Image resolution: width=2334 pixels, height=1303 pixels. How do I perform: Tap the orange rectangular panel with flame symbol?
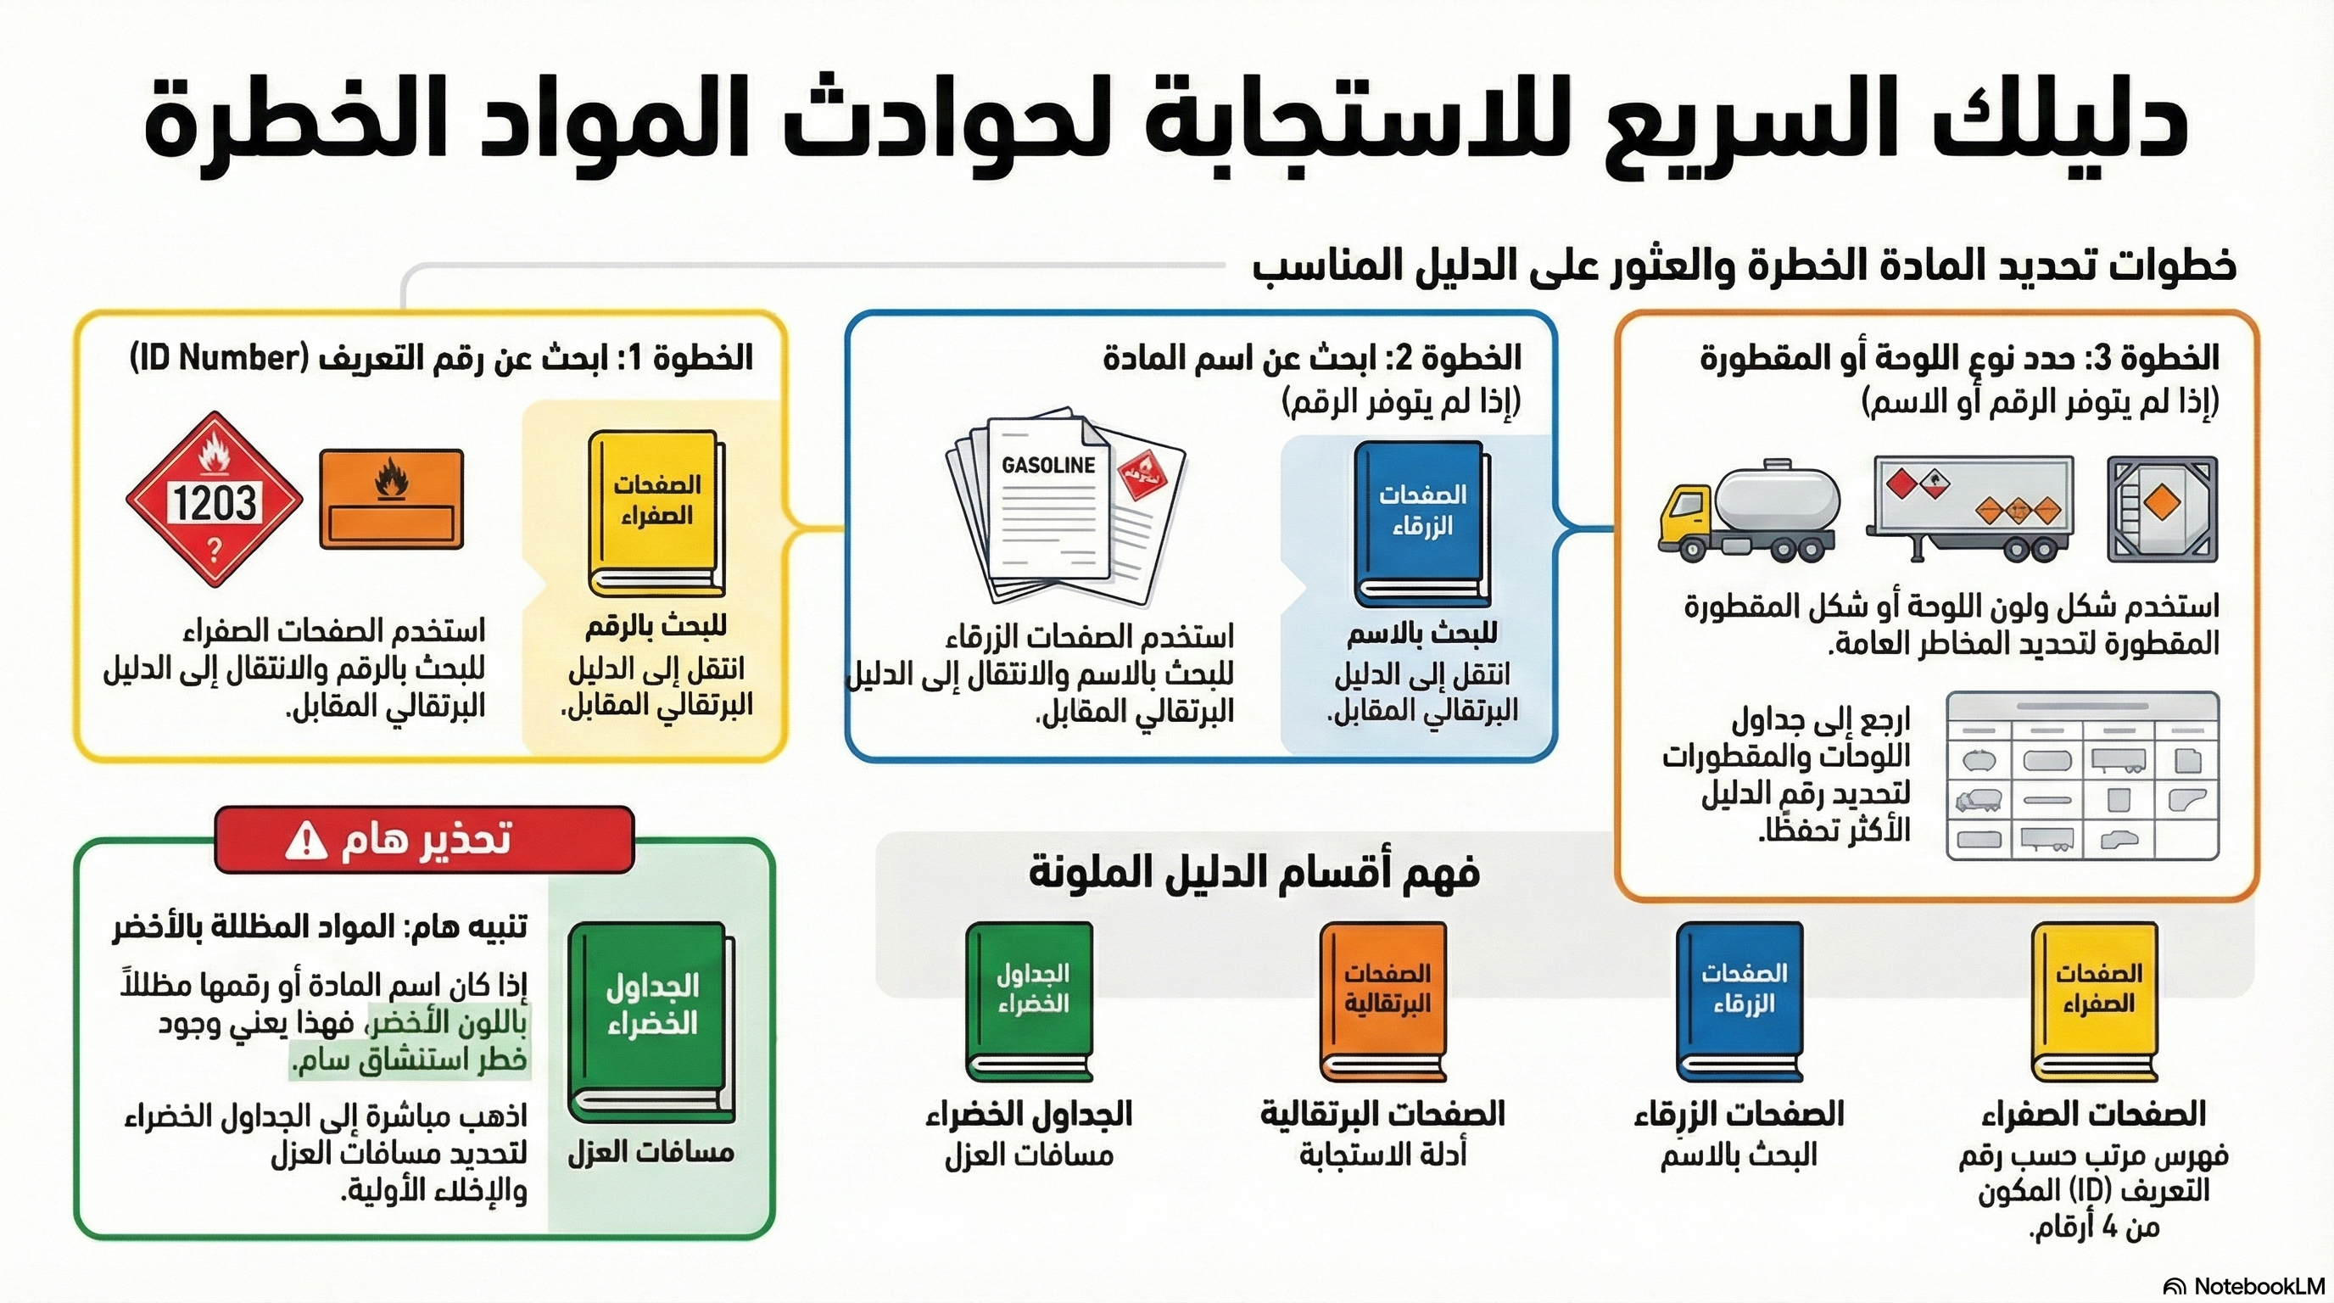click(392, 500)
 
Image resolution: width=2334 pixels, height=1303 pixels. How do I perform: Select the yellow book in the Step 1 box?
click(656, 513)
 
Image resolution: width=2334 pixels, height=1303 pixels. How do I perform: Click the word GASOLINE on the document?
click(1048, 465)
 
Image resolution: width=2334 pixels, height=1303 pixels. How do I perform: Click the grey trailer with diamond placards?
click(1972, 507)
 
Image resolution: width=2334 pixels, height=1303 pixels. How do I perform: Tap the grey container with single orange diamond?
click(2163, 508)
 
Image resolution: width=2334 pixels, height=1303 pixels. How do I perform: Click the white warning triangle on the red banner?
click(305, 841)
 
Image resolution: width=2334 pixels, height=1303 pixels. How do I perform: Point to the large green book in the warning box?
click(651, 1022)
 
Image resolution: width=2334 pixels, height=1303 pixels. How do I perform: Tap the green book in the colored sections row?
click(1031, 1000)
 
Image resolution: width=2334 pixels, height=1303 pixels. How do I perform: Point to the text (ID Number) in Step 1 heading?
click(214, 359)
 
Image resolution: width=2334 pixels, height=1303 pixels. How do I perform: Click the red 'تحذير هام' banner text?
click(426, 840)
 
